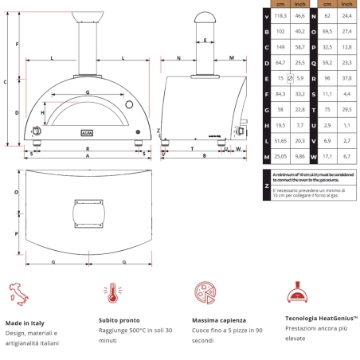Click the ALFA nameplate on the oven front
coord(88,133)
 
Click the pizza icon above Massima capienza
coord(204,292)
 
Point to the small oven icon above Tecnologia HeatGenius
coord(297,292)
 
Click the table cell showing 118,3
coord(280,15)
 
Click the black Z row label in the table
coord(266,186)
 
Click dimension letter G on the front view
coord(87,93)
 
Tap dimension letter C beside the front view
coord(6,81)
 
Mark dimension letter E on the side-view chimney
coord(205,39)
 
